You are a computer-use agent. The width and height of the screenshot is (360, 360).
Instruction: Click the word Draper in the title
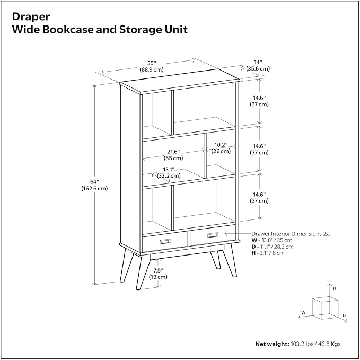(31, 17)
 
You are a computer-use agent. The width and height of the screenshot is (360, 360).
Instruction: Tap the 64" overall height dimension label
(94, 185)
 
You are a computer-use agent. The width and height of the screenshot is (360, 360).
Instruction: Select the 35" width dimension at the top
(152, 66)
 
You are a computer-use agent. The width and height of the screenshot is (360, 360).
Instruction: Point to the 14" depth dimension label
(258, 65)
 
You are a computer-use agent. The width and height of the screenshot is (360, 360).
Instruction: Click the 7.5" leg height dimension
(158, 274)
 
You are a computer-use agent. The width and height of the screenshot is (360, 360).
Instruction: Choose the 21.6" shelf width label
(173, 155)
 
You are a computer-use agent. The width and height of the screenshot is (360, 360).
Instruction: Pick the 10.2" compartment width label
(221, 148)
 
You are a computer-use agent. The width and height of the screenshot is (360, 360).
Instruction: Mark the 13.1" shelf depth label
(169, 173)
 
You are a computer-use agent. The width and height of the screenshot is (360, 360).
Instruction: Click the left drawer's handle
(165, 241)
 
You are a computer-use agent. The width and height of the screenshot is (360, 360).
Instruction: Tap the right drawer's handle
(213, 235)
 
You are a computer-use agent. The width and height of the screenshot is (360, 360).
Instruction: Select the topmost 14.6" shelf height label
(259, 101)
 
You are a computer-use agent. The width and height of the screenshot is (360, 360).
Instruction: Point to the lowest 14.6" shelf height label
(259, 198)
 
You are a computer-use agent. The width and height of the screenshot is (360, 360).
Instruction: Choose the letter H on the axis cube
(335, 288)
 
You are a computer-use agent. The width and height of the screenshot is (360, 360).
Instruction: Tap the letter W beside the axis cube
(303, 312)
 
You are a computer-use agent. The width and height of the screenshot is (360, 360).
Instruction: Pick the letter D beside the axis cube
(344, 315)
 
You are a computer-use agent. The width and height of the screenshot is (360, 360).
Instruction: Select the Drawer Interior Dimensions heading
(291, 234)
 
